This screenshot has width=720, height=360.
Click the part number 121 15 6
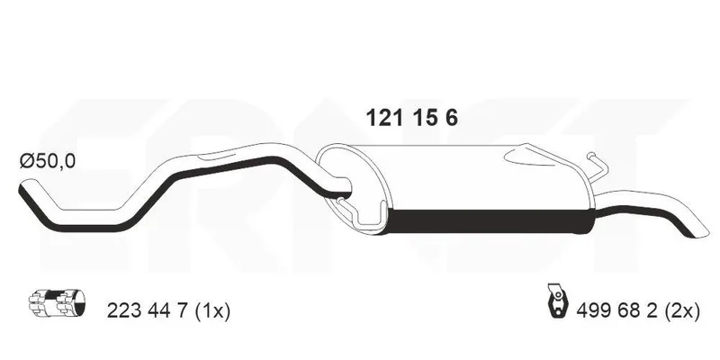(411, 119)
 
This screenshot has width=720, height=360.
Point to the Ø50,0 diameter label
(48, 161)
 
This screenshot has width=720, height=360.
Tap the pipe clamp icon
(57, 303)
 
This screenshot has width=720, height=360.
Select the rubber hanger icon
(558, 301)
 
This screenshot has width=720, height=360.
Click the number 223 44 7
(148, 310)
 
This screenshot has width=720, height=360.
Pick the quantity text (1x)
(212, 310)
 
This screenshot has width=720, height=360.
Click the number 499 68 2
(617, 310)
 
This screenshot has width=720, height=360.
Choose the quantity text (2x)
(682, 310)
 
